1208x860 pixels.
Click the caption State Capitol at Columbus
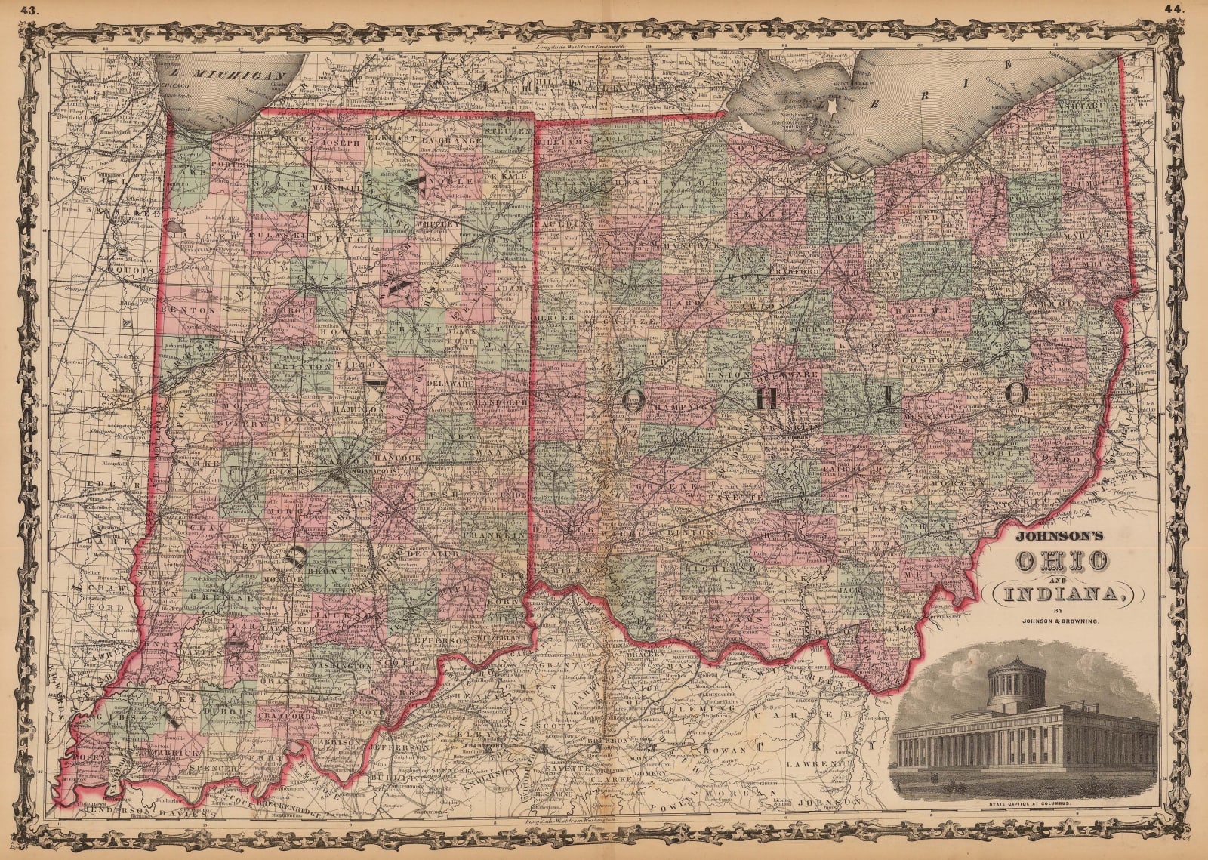pos(1025,803)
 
